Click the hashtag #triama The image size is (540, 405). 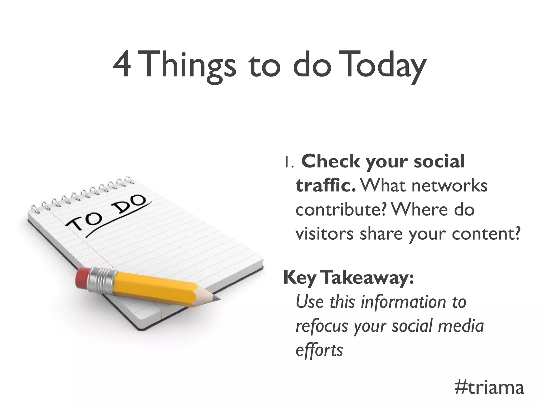coord(489,388)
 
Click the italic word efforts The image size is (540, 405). coord(319,350)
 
